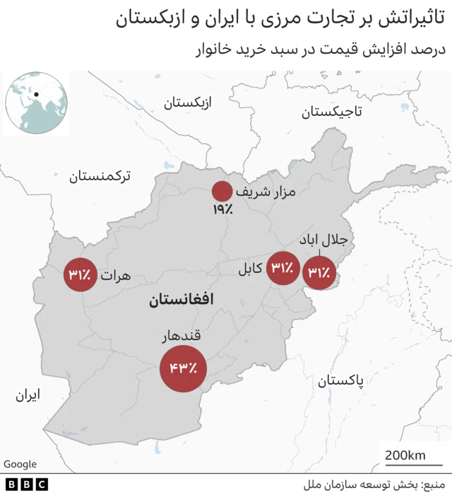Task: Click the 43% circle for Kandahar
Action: pos(183,368)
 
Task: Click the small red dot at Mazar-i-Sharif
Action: pos(222,192)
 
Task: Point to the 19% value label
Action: pos(220,209)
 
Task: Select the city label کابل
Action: pos(249,268)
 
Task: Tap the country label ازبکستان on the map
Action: pos(193,103)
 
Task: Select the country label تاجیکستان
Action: pos(331,111)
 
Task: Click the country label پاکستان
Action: pos(341,381)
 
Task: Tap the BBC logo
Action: pos(25,484)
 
